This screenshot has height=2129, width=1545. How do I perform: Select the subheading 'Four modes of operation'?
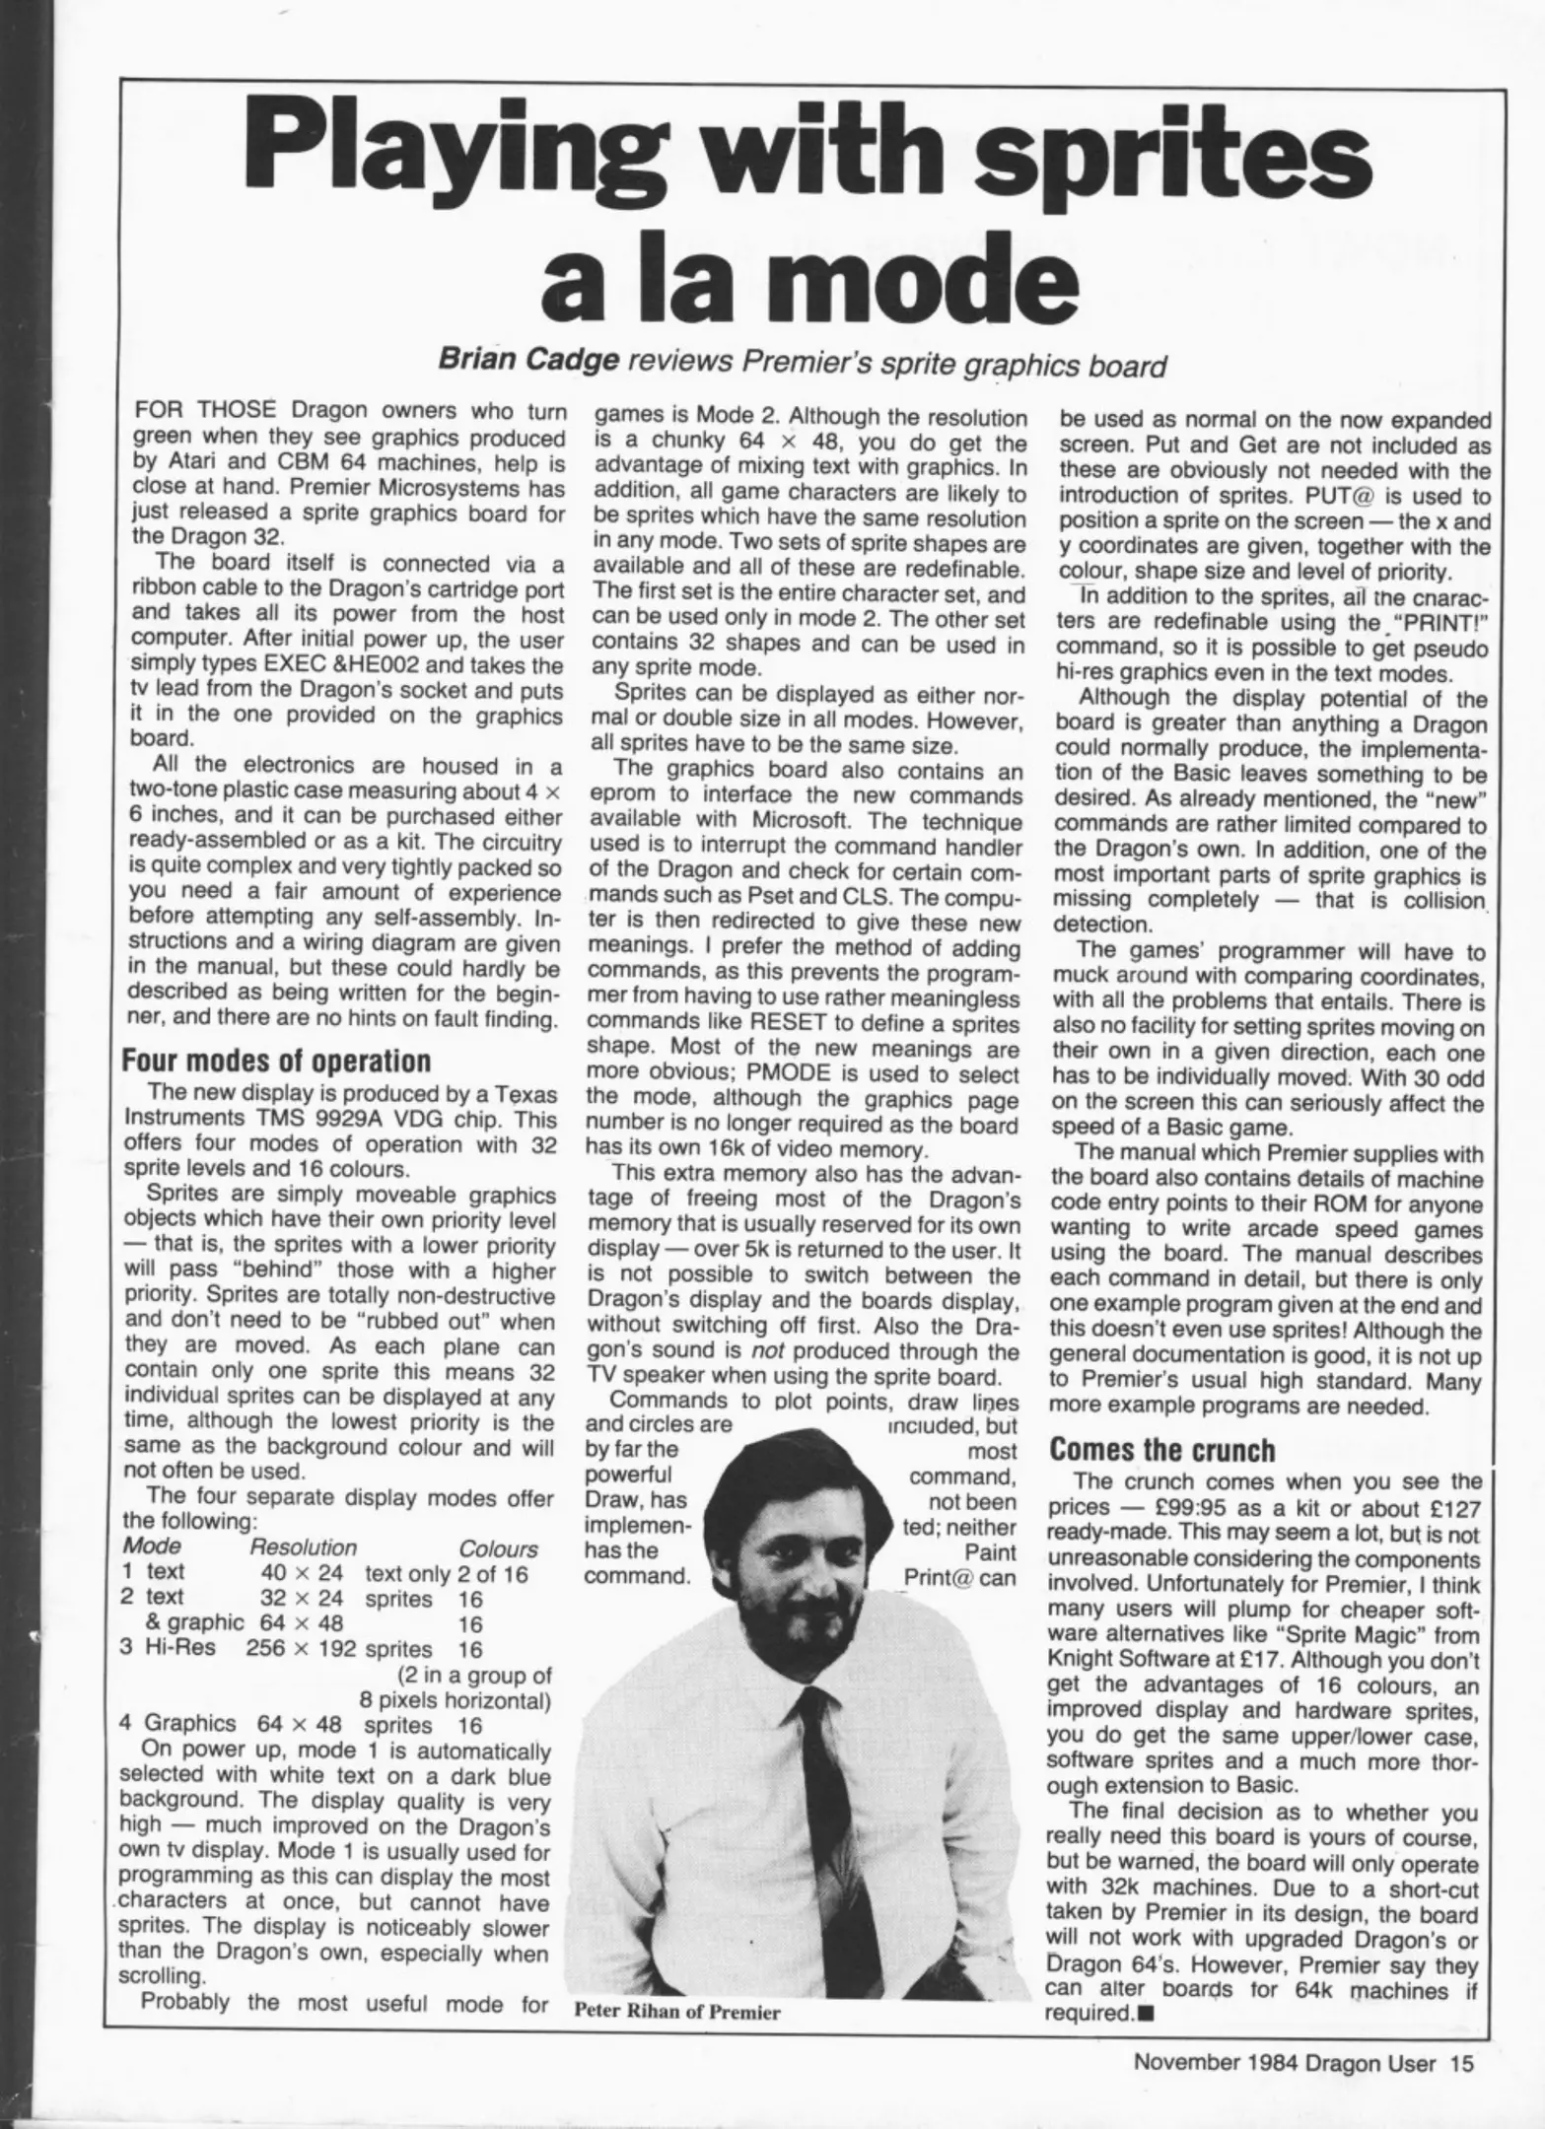(276, 1061)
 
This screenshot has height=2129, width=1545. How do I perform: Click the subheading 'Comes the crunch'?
(1160, 1450)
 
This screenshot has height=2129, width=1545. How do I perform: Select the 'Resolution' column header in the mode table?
(303, 1547)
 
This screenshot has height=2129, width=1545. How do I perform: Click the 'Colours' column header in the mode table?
(498, 1548)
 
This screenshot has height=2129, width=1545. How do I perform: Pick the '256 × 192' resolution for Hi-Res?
(301, 1649)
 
